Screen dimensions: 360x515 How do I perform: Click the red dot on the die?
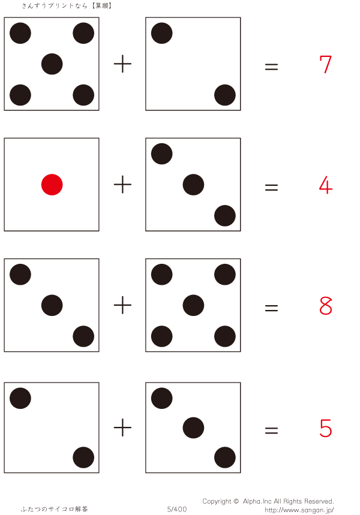(52, 185)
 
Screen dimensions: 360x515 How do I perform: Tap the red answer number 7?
(325, 64)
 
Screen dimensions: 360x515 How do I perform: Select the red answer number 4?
(325, 185)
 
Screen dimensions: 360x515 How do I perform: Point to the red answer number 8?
(325, 305)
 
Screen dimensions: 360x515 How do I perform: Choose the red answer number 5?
(325, 428)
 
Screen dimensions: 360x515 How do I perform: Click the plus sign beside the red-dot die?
(122, 185)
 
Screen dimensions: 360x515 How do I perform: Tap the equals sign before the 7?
(272, 67)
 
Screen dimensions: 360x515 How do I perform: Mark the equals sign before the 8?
(272, 308)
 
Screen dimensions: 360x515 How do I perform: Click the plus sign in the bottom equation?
(122, 427)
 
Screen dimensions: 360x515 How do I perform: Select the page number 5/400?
(177, 509)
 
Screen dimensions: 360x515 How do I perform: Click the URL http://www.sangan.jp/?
(299, 510)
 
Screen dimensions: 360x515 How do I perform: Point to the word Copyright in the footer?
(217, 502)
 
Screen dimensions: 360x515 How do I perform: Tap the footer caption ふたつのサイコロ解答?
(55, 509)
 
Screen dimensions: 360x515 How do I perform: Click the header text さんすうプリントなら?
(55, 5)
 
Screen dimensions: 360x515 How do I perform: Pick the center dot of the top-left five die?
(52, 64)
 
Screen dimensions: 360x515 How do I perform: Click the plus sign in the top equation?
(122, 64)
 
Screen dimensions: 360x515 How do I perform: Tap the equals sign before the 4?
(272, 188)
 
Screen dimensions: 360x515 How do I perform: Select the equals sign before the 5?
(272, 430)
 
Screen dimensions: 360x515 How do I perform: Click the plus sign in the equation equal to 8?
(122, 305)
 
